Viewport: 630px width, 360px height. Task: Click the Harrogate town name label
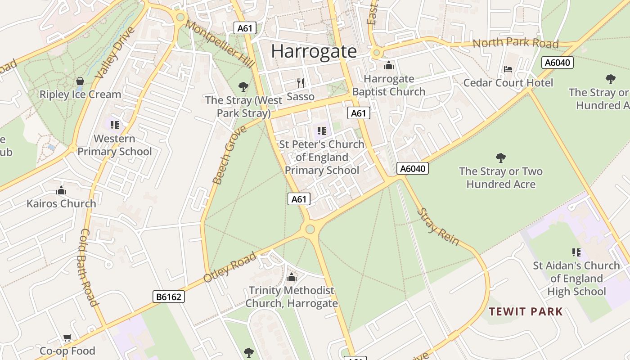click(x=314, y=51)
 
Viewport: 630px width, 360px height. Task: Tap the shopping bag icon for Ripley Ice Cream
click(x=80, y=81)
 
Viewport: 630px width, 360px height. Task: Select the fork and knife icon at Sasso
click(x=301, y=83)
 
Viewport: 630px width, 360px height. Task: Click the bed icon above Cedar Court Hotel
click(x=508, y=69)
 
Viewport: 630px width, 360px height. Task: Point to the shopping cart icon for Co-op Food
click(x=67, y=337)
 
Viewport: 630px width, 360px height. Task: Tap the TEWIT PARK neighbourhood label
click(x=526, y=311)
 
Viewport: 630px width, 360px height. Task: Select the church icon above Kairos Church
click(x=61, y=190)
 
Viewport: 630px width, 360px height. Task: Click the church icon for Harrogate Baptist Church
click(x=389, y=66)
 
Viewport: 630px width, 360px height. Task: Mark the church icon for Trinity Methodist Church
click(x=292, y=277)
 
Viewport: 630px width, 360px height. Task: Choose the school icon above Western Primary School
click(x=114, y=125)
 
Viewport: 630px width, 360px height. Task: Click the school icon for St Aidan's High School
click(x=576, y=252)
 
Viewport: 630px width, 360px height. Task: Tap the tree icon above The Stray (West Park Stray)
click(x=243, y=86)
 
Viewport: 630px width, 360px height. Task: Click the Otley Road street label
click(x=229, y=267)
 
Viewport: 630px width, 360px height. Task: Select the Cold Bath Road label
click(x=89, y=267)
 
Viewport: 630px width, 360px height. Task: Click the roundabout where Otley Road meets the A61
click(x=310, y=229)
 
